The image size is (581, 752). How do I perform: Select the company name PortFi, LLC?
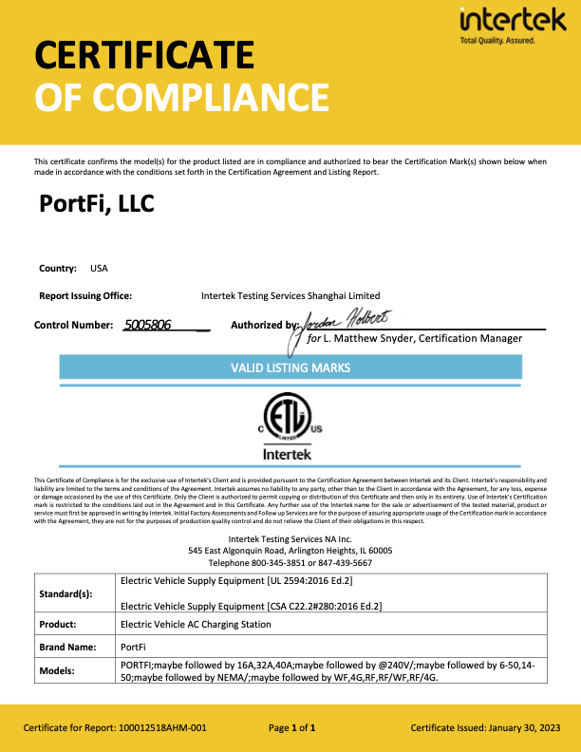(x=97, y=204)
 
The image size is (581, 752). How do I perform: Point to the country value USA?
(x=99, y=269)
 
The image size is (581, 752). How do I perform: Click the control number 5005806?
(x=147, y=325)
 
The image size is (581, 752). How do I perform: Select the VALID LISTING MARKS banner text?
(x=290, y=367)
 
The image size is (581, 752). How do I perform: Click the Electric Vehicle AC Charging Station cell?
(x=196, y=625)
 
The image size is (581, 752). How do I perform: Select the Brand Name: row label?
(x=67, y=646)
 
